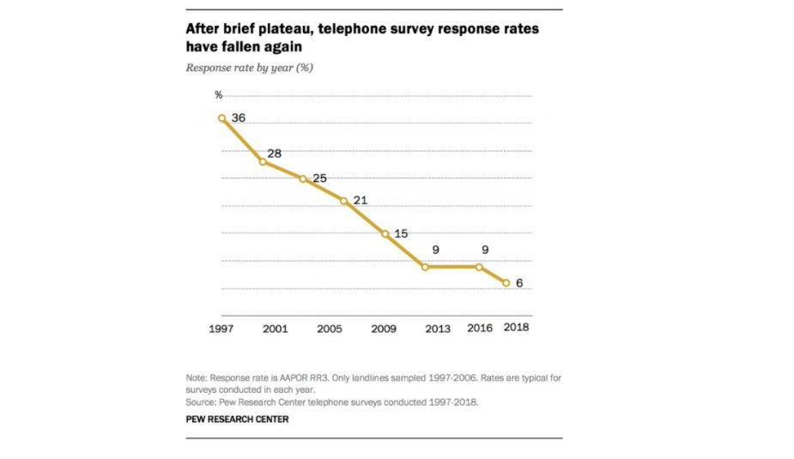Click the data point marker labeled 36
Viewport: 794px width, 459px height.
[x=221, y=118]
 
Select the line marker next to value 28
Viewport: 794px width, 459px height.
[x=263, y=161]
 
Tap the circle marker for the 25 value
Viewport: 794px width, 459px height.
[x=303, y=178]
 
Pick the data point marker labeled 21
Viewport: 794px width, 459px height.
[x=344, y=201]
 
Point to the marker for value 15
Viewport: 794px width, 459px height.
[x=385, y=233]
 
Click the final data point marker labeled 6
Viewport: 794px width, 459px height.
[x=506, y=283]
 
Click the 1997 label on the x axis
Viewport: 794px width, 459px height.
[x=221, y=328]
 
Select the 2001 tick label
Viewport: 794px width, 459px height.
[x=275, y=328]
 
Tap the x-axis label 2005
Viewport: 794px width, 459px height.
[x=329, y=328]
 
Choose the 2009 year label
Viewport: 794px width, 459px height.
[x=383, y=328]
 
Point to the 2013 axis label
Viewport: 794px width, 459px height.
[x=437, y=328]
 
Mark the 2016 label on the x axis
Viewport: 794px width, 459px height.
[x=479, y=328]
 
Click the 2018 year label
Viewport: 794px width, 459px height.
[x=516, y=327]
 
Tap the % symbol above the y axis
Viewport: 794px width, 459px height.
[x=218, y=94]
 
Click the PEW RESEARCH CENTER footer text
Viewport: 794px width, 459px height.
[x=237, y=420]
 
